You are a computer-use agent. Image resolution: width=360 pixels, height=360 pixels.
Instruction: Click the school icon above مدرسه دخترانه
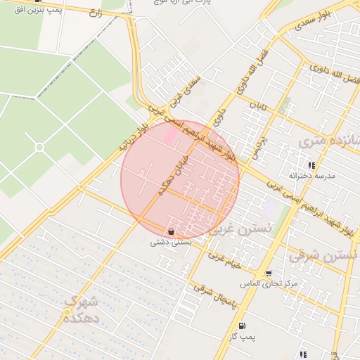click(311, 165)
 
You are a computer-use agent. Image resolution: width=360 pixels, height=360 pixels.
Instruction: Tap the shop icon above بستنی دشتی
click(172, 231)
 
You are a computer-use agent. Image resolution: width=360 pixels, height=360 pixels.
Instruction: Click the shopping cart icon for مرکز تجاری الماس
click(269, 274)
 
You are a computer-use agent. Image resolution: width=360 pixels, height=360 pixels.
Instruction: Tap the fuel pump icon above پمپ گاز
click(242, 326)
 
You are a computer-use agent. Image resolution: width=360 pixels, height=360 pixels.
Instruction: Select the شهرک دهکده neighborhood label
click(82, 309)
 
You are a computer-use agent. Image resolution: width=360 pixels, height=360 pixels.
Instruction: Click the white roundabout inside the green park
click(39, 146)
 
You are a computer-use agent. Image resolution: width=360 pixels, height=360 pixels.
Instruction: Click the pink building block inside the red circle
click(171, 136)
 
